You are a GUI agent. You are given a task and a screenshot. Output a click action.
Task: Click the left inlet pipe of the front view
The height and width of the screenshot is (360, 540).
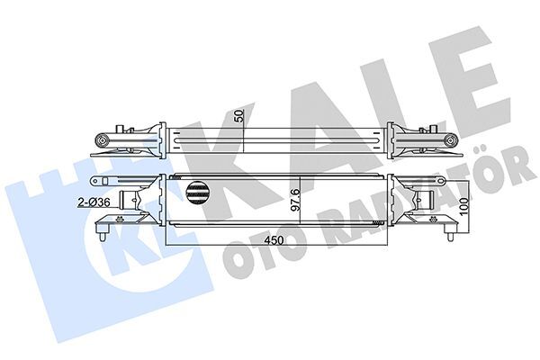tap(144, 205)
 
